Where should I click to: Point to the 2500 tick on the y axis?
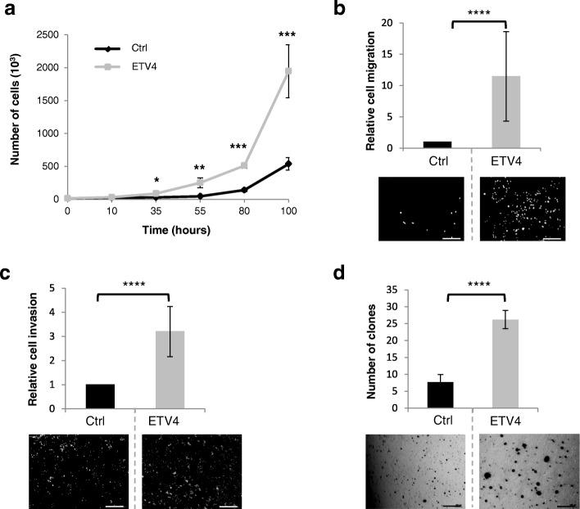pyautogui.click(x=47, y=35)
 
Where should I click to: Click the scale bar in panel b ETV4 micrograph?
pyautogui.click(x=551, y=239)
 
